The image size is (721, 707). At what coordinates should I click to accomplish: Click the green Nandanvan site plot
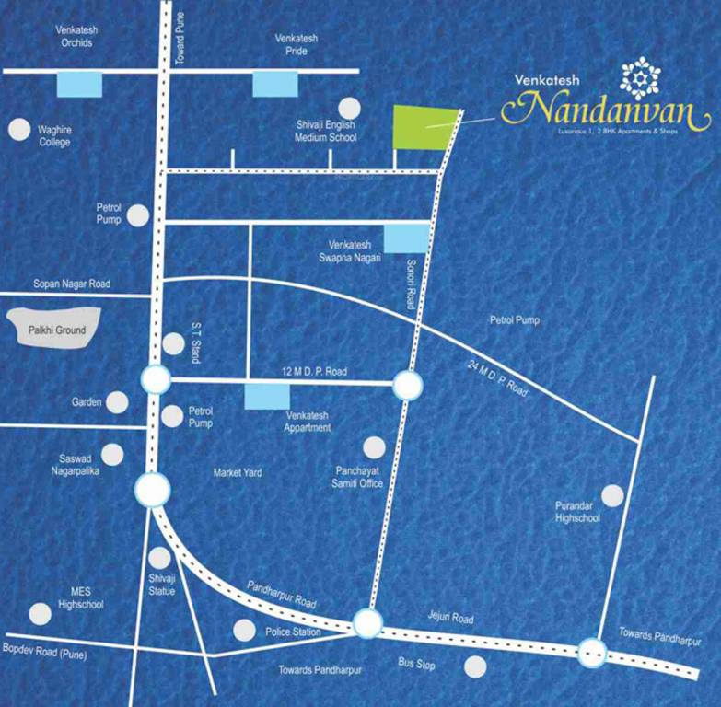tap(424, 128)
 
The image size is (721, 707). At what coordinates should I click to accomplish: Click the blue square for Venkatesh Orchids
tap(79, 85)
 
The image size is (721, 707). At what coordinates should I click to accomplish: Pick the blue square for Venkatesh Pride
tap(275, 85)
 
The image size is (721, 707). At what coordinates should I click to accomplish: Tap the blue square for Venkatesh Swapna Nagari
tap(406, 238)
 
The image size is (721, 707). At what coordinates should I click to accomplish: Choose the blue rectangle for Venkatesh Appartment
tap(267, 397)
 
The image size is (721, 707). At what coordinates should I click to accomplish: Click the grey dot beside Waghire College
tap(18, 130)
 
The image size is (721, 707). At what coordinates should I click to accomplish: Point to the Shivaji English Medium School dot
tap(349, 108)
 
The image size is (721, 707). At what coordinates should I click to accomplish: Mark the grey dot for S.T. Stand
tap(173, 344)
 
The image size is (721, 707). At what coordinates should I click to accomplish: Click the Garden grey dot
tap(117, 402)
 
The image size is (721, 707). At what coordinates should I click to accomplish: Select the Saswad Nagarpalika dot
tap(112, 455)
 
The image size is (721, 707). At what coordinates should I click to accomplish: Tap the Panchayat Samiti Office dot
tap(374, 447)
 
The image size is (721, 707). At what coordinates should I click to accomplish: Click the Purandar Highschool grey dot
tap(612, 496)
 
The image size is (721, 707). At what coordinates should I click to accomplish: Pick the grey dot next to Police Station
tap(244, 631)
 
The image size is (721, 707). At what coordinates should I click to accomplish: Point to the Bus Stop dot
tap(475, 666)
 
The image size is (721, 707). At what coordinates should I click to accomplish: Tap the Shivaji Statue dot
tap(160, 558)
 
